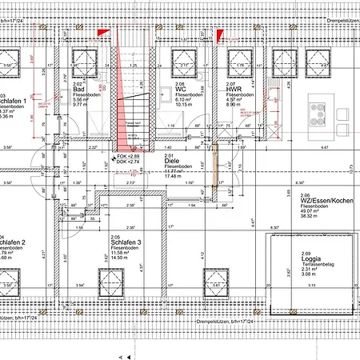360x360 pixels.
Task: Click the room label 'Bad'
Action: coord(79,89)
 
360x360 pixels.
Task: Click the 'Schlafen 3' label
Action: coord(126,242)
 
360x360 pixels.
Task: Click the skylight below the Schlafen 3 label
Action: coord(113,281)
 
